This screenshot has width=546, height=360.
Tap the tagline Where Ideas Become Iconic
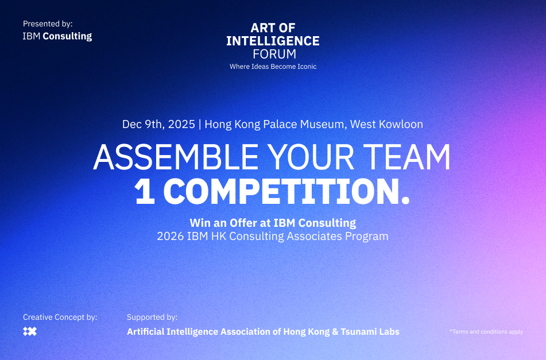[x=273, y=67]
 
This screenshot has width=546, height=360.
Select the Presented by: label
[x=48, y=24]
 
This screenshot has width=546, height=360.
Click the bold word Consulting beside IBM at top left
[x=67, y=36]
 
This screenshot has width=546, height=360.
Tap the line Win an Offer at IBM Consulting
[x=273, y=223]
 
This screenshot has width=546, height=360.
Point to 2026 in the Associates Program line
[x=171, y=236]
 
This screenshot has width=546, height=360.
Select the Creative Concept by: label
[x=60, y=317]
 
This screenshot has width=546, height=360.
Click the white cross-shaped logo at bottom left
[x=29, y=332]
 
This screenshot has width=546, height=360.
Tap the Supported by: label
[x=152, y=317]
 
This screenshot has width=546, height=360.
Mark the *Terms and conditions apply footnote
[x=486, y=332]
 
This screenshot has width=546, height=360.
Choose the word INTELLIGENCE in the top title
[x=273, y=41]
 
